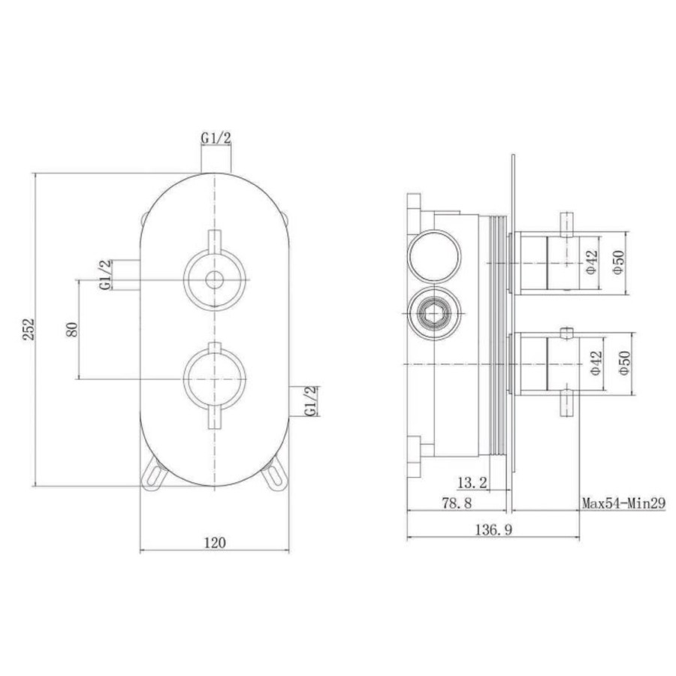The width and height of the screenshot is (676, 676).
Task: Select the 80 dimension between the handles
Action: [x=72, y=329]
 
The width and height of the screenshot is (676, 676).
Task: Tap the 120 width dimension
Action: [x=216, y=542]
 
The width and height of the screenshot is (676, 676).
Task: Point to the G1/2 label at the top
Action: [x=216, y=138]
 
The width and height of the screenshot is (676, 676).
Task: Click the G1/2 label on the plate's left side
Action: [x=105, y=275]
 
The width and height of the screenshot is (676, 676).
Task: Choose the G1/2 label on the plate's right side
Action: [x=310, y=401]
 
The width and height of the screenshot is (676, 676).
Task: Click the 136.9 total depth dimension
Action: [x=493, y=530]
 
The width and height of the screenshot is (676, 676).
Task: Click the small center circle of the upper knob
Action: [x=216, y=281]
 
